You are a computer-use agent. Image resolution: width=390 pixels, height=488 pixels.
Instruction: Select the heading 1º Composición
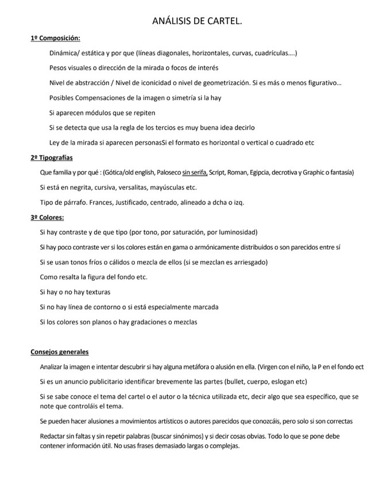(55, 38)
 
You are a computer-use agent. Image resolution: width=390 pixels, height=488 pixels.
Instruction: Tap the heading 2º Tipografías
(52, 157)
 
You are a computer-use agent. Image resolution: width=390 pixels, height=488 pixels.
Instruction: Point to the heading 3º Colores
(47, 217)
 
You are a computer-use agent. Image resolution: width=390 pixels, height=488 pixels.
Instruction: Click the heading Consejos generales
(60, 352)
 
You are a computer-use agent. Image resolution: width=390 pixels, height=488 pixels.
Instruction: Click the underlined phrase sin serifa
(195, 172)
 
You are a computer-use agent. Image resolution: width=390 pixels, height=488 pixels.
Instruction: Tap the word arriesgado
(249, 262)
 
